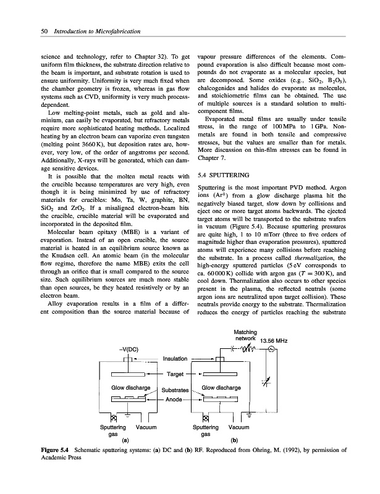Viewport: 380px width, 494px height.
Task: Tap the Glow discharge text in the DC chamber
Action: pos(127,387)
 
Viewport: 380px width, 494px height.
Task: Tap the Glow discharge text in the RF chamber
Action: pos(221,387)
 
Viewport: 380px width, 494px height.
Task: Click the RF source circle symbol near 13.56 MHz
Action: pos(268,357)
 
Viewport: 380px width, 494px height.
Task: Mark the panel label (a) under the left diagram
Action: pos(126,440)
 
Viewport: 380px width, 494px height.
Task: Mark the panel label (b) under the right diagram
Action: pos(234,440)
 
